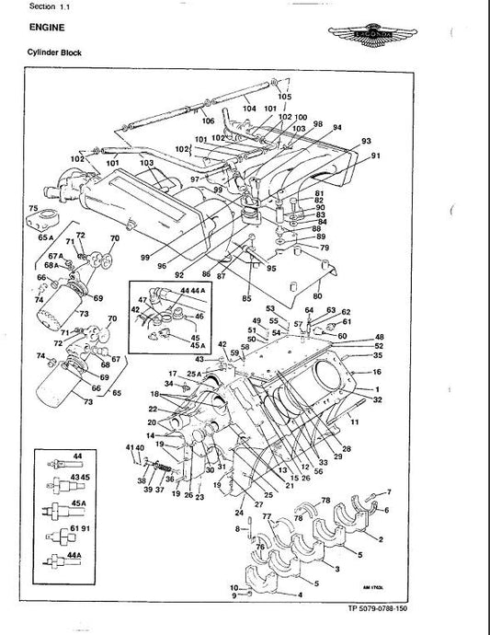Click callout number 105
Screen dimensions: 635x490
tap(284, 97)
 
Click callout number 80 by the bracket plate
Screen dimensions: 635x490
tap(316, 296)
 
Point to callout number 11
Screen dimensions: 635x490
tap(356, 421)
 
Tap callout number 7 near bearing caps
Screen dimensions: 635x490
tap(389, 492)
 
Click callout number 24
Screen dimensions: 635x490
tap(238, 513)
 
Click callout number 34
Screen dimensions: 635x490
tap(169, 383)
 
